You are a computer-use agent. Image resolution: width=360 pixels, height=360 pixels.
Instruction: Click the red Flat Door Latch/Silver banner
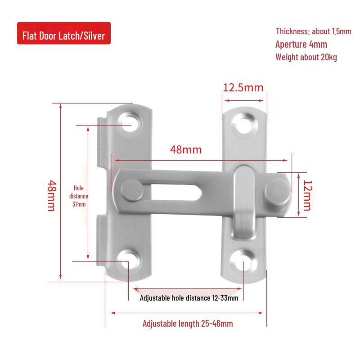coord(63,33)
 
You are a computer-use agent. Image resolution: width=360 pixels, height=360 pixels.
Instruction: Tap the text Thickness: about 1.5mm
coord(313,31)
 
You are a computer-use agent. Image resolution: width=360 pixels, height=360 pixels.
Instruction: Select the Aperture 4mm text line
coord(301,44)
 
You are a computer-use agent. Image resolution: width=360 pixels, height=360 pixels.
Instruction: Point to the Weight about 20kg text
coord(306,57)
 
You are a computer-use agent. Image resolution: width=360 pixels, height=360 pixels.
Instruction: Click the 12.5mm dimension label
coord(243,87)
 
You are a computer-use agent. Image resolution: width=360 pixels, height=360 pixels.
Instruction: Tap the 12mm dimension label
coord(307,195)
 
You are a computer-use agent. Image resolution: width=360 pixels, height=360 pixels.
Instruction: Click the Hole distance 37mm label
coord(79,196)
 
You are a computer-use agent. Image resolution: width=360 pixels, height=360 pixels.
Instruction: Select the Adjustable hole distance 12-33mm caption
coord(189,298)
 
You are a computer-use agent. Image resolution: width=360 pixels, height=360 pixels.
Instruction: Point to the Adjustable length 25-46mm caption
coord(188,324)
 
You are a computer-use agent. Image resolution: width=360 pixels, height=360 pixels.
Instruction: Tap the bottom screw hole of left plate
coord(129,260)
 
